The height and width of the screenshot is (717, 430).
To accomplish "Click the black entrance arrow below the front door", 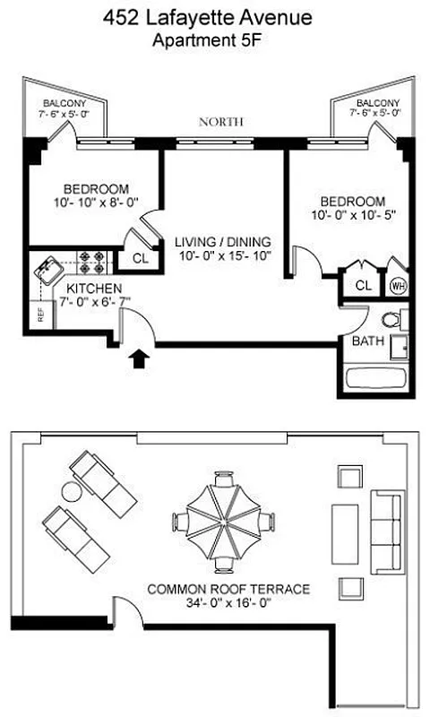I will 139,359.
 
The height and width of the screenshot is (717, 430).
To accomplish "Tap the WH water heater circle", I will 397,286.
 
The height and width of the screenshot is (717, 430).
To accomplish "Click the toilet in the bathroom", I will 394,320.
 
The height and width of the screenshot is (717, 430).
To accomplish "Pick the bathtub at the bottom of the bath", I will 375,377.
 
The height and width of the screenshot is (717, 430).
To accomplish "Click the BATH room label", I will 367,341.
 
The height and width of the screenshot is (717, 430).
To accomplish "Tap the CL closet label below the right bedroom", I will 363,285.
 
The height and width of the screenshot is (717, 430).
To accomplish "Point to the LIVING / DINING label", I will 223,242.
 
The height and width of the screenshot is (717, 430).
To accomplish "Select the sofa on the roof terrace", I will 388,531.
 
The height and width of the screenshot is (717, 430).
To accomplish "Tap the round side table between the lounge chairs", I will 71,492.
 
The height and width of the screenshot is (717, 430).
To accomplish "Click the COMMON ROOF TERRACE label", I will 228,589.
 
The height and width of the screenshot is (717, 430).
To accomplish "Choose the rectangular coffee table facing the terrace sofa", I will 346,531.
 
